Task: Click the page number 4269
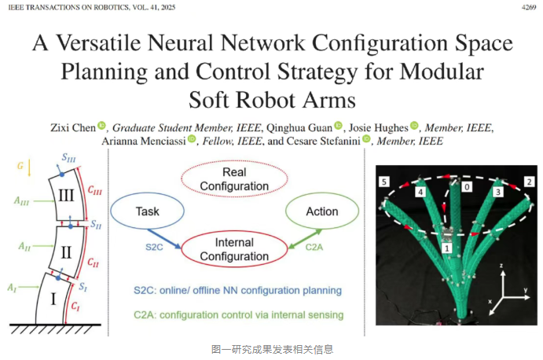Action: click(x=529, y=7)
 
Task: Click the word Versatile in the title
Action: click(x=99, y=43)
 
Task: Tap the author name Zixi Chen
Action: click(x=73, y=128)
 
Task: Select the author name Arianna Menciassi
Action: click(x=144, y=141)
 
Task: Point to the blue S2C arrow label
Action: click(x=154, y=247)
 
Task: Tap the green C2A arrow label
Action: click(x=314, y=247)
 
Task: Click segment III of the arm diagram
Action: click(x=66, y=196)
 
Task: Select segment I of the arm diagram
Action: click(x=53, y=299)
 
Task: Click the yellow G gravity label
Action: click(x=20, y=166)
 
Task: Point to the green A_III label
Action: click(x=21, y=200)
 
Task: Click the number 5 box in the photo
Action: click(x=384, y=182)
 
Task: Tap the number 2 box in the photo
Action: click(x=529, y=182)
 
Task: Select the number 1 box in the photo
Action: click(x=446, y=248)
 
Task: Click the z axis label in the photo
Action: click(x=501, y=266)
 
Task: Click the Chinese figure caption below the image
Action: click(x=272, y=349)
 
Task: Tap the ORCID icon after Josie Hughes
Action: click(x=414, y=126)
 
